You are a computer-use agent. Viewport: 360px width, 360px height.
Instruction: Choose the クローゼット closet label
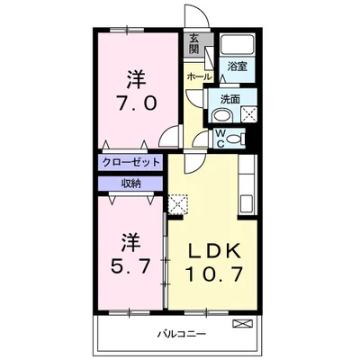click(130, 162)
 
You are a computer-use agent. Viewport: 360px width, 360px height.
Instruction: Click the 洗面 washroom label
click(229, 100)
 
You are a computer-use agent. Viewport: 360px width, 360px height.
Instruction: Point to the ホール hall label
click(198, 77)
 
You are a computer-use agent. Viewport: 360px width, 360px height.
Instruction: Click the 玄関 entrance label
click(195, 43)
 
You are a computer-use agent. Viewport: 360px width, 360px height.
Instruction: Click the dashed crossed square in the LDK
click(177, 203)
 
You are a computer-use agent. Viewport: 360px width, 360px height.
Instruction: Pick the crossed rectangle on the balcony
click(242, 321)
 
